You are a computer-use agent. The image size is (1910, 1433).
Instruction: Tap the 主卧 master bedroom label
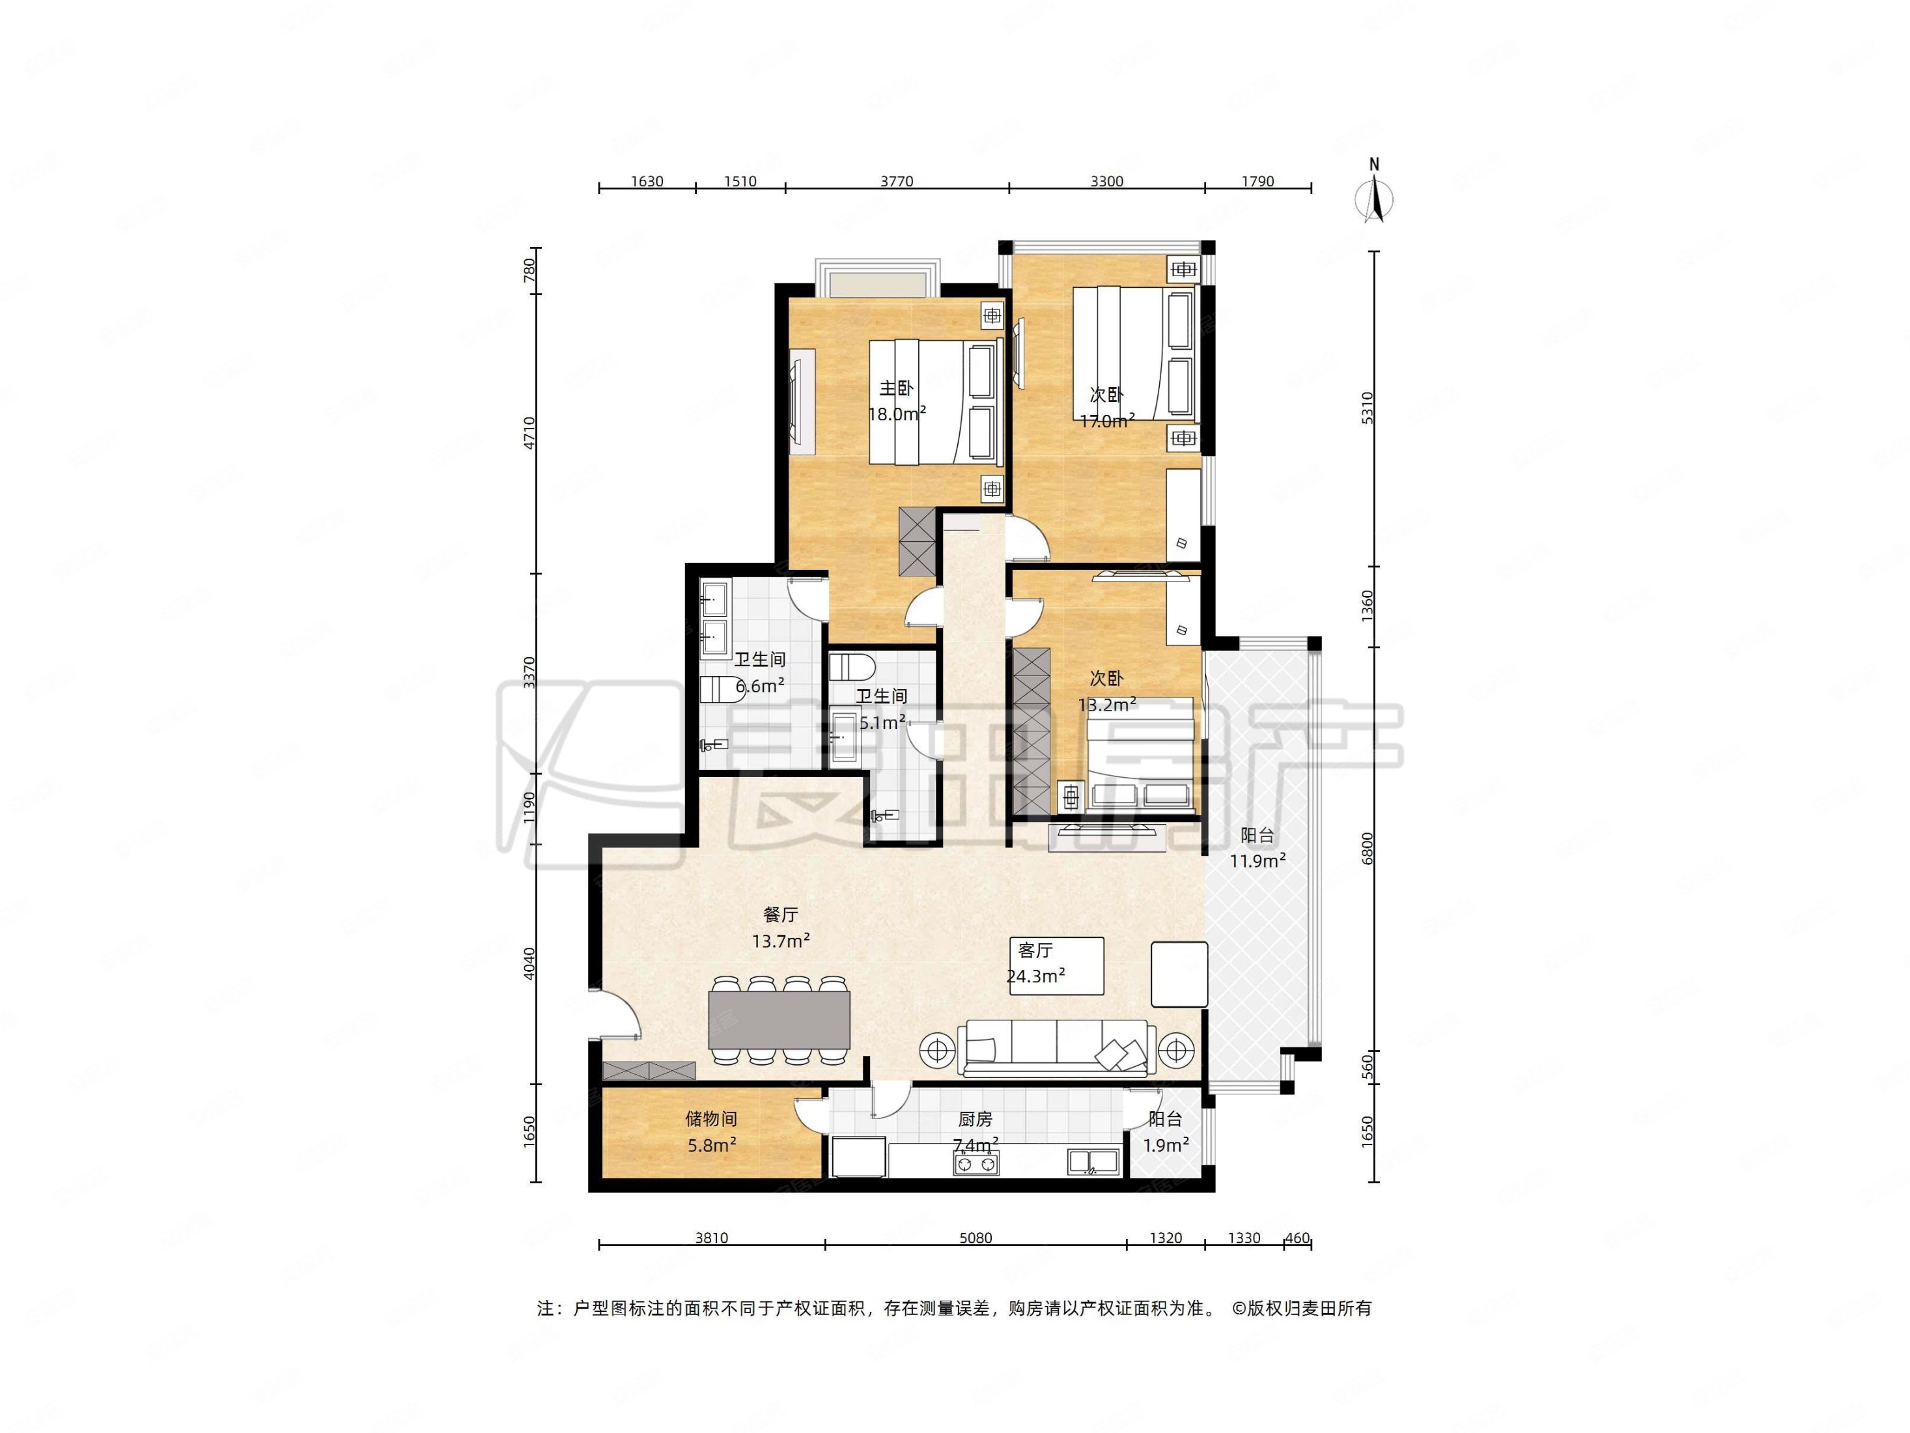(896, 388)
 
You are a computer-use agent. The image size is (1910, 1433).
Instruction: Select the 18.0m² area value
(897, 414)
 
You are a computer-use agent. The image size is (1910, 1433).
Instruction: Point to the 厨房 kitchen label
(975, 1120)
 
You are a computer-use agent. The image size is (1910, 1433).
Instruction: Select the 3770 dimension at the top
(896, 181)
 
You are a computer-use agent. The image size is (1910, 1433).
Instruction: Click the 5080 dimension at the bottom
(976, 1238)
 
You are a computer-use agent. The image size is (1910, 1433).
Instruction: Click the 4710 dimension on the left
(529, 433)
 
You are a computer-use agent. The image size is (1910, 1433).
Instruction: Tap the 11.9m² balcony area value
(1258, 860)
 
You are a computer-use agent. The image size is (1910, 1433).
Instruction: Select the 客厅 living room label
(1035, 951)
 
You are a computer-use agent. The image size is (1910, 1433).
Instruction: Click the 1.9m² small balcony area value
(1166, 1145)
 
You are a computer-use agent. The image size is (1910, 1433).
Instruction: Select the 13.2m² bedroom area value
(1107, 705)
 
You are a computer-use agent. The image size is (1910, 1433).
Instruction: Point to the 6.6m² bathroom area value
(760, 687)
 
